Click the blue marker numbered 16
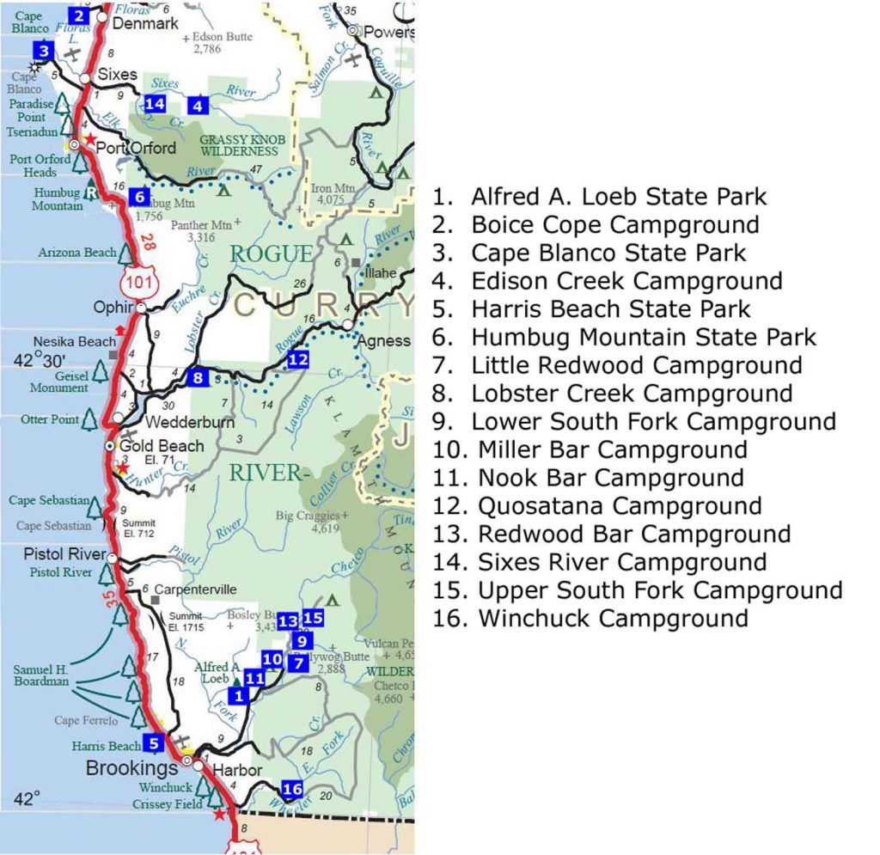click(292, 789)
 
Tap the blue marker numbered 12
click(297, 359)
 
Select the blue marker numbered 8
click(199, 376)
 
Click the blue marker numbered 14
click(155, 104)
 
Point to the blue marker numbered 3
click(45, 51)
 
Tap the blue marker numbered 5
click(153, 743)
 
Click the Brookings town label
click(131, 767)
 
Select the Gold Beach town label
click(162, 446)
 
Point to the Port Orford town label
click(136, 147)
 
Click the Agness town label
click(383, 340)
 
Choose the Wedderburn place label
click(177, 423)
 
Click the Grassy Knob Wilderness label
click(239, 144)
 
